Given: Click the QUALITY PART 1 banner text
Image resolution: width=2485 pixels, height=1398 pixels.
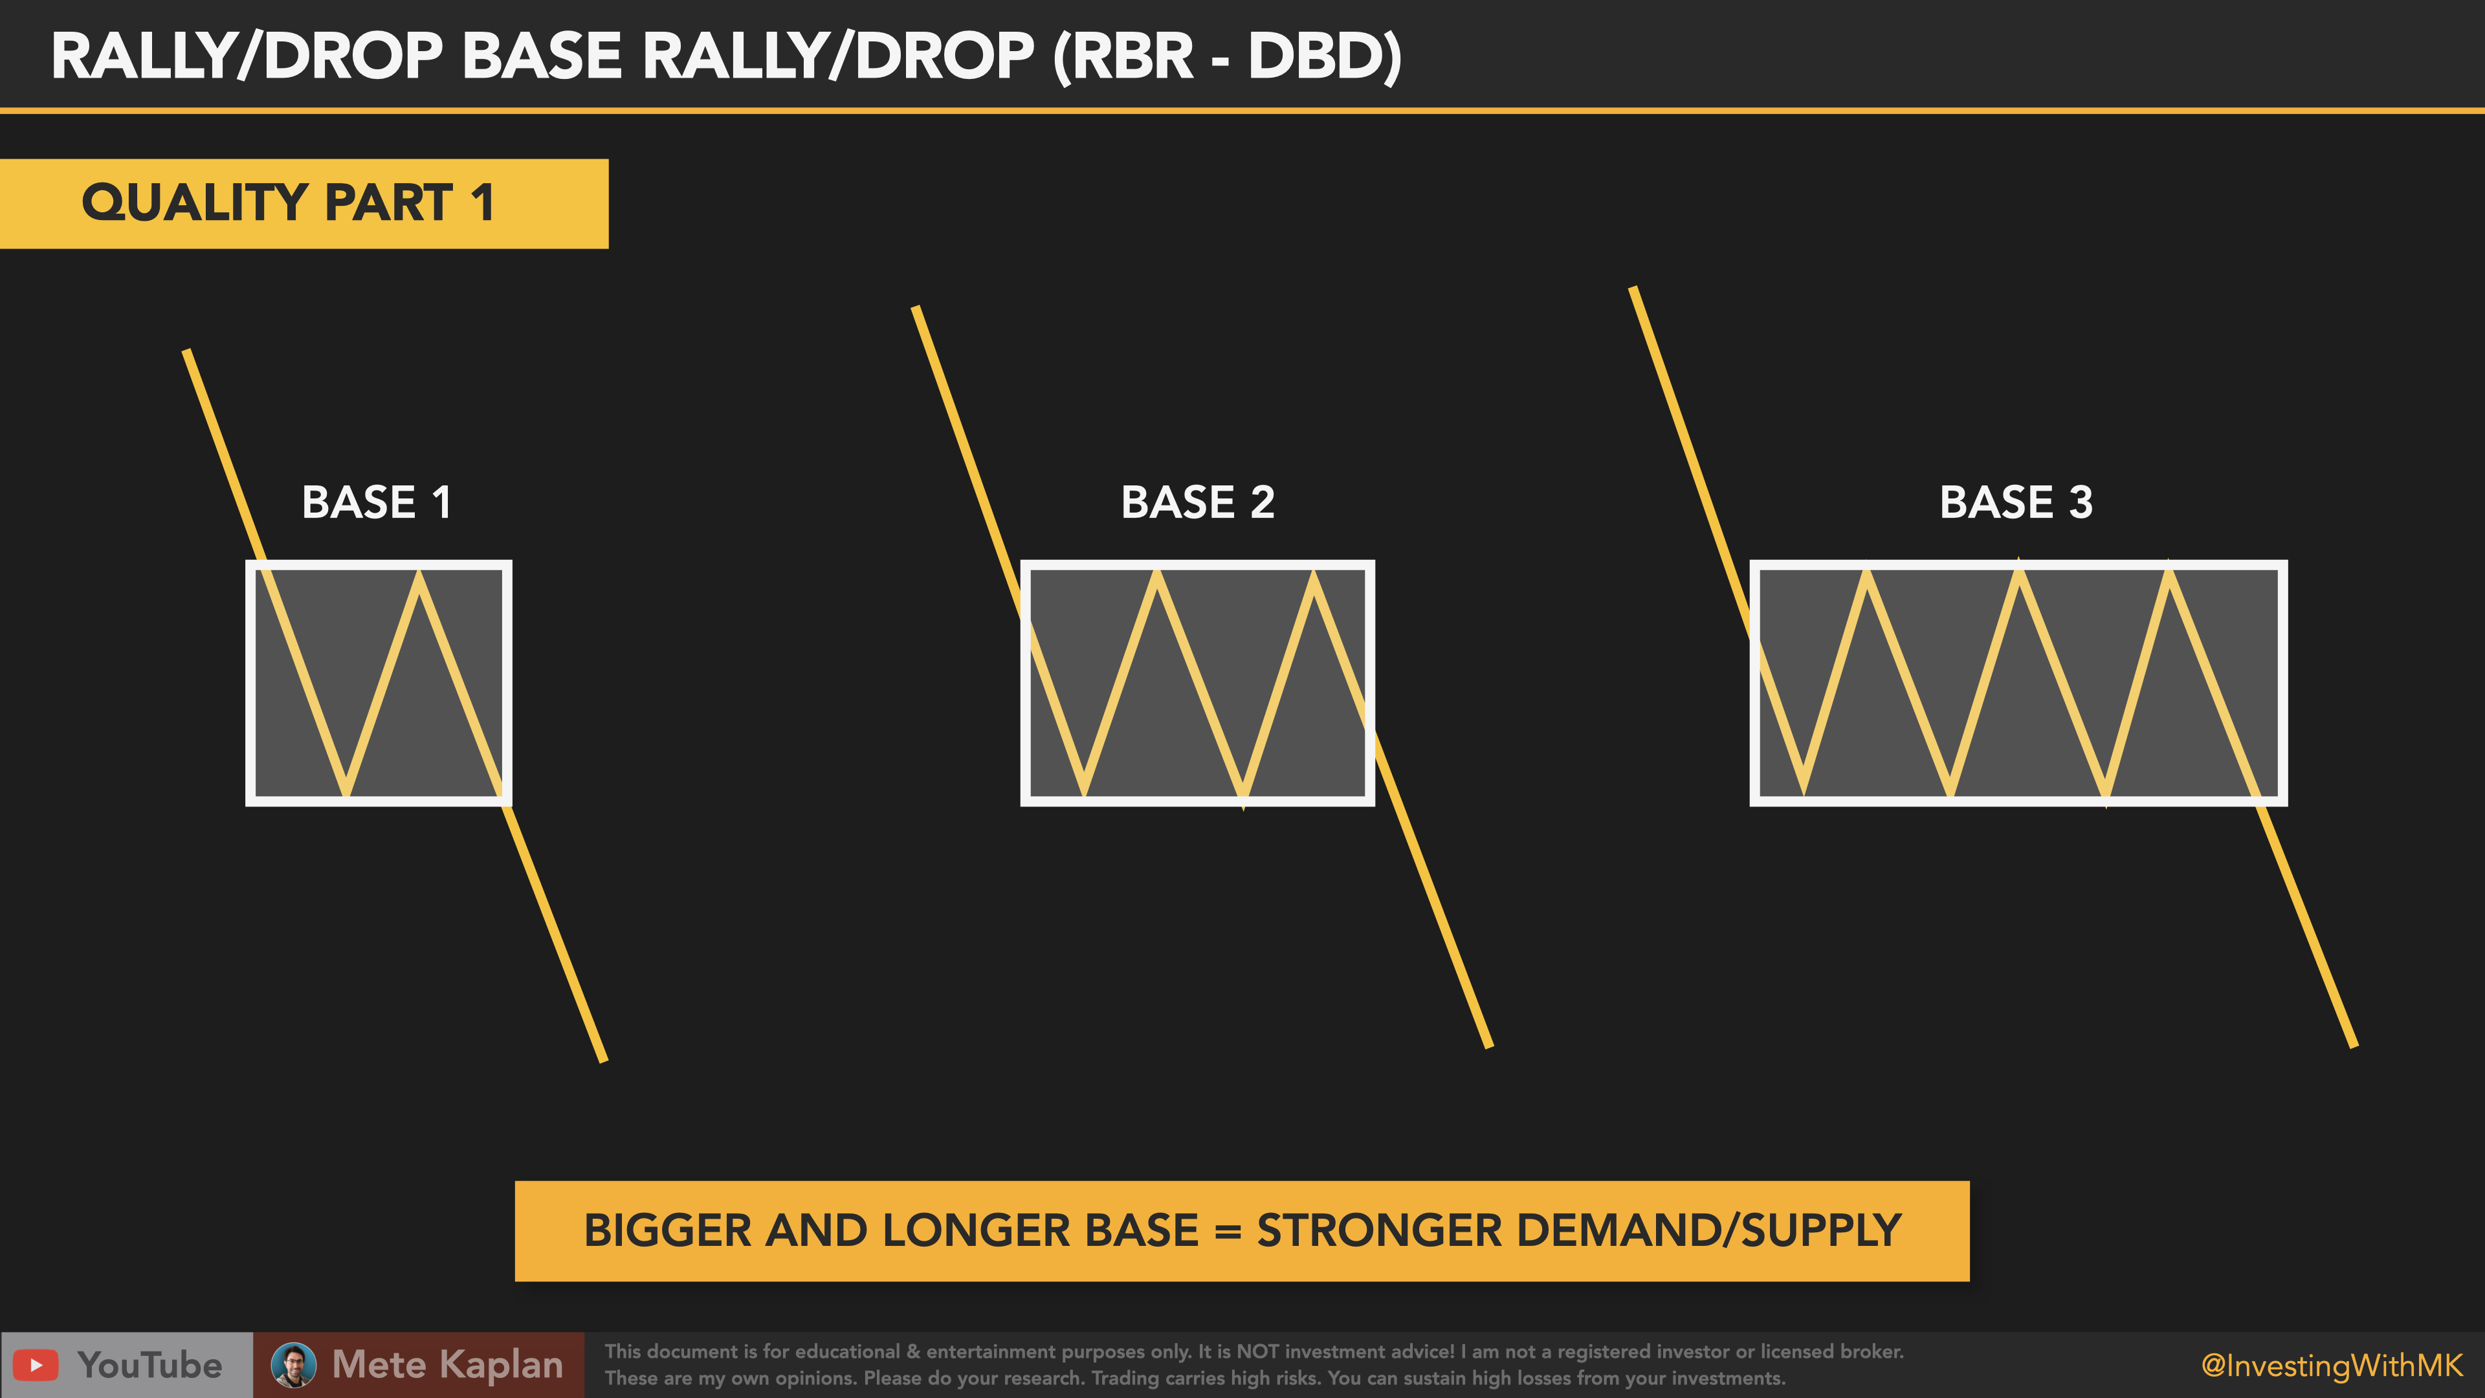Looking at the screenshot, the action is click(x=287, y=203).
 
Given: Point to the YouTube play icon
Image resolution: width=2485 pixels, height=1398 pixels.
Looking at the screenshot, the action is click(x=36, y=1365).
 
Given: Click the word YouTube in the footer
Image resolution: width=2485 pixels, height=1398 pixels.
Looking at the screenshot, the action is click(x=149, y=1365).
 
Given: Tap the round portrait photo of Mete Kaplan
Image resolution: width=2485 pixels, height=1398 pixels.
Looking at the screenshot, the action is click(x=293, y=1365).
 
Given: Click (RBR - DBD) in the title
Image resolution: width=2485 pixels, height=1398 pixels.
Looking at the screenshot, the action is click(x=1227, y=56).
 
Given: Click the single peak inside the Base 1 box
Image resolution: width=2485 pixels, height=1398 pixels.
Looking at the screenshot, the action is click(x=419, y=574).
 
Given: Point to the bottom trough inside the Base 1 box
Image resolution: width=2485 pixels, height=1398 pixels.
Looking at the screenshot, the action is click(x=346, y=793).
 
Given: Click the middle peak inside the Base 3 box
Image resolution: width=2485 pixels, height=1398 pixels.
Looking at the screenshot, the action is click(x=2019, y=571).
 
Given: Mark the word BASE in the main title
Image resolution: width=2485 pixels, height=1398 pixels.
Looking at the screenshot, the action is click(x=541, y=56).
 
